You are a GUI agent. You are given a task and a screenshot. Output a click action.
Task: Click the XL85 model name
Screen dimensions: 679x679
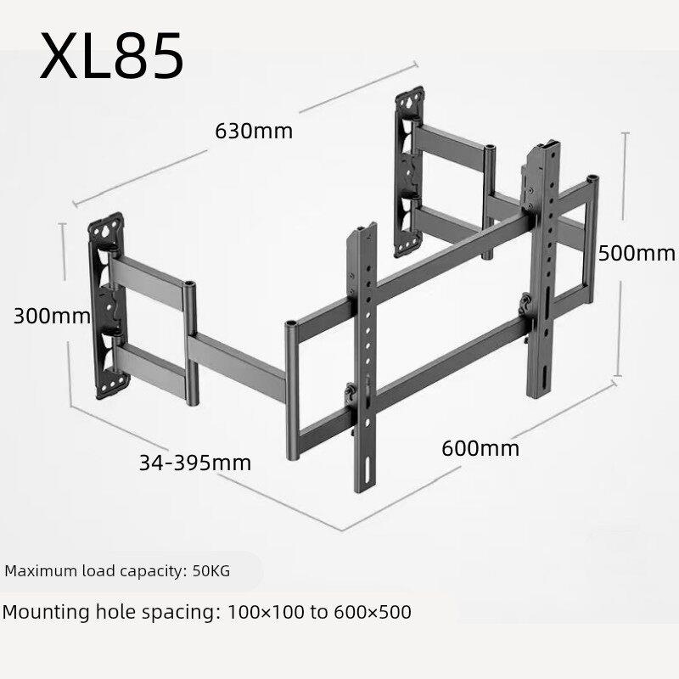112,56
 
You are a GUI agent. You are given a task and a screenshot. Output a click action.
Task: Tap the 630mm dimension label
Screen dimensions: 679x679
254,131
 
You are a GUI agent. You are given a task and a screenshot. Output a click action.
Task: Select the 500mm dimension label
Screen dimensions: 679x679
636,253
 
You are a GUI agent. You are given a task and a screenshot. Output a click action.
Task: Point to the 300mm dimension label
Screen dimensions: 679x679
52,316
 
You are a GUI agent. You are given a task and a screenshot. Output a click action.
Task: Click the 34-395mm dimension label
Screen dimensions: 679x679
195,463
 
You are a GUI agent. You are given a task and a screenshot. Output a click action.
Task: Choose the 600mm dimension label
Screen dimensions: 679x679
480,448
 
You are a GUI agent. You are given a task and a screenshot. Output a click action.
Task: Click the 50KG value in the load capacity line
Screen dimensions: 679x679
211,570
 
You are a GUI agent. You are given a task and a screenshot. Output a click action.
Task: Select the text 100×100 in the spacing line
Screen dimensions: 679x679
266,612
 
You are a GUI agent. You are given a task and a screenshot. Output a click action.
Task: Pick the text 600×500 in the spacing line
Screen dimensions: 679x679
373,612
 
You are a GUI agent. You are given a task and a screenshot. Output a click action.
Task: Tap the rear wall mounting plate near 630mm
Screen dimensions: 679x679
409,172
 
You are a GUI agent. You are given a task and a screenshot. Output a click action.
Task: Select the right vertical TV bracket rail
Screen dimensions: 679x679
543,268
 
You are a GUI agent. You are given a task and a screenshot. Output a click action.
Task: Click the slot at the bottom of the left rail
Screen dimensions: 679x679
368,469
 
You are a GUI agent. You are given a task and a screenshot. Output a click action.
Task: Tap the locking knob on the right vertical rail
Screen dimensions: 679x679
525,303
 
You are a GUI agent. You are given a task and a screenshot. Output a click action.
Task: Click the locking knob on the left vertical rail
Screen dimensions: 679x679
349,394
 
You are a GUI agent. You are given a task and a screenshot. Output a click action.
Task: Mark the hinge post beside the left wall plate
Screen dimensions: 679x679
191,344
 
